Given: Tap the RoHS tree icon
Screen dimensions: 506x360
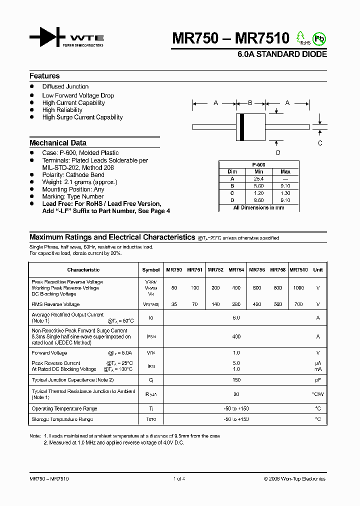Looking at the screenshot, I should (x=301, y=37).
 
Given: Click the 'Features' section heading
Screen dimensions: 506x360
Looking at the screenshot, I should (x=44, y=76).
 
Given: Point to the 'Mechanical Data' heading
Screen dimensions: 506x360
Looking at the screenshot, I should (x=58, y=142).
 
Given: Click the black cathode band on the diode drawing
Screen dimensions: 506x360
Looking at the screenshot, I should (x=242, y=127).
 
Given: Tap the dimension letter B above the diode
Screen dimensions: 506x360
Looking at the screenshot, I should (x=250, y=103).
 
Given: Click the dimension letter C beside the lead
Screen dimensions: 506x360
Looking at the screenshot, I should (x=320, y=143).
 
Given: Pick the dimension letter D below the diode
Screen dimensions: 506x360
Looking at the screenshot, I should (x=278, y=153).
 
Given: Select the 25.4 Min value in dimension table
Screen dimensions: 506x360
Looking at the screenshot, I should (x=258, y=178).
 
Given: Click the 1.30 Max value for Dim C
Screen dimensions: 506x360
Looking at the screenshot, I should (x=285, y=193).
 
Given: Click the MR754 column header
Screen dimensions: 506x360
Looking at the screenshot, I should (x=236, y=270).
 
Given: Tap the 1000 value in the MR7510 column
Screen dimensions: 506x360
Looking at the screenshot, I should (x=298, y=288).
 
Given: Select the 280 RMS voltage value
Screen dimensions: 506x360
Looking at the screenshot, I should (x=236, y=304).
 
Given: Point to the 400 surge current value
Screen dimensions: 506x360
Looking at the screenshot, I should (x=236, y=337).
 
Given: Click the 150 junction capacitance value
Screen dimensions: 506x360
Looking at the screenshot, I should (x=236, y=380).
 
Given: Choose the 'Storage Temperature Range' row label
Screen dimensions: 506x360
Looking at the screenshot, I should (x=62, y=419).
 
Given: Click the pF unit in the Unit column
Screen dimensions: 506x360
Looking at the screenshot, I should (x=317, y=380).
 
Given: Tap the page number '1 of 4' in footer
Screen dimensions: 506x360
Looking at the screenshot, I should (x=179, y=478).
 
